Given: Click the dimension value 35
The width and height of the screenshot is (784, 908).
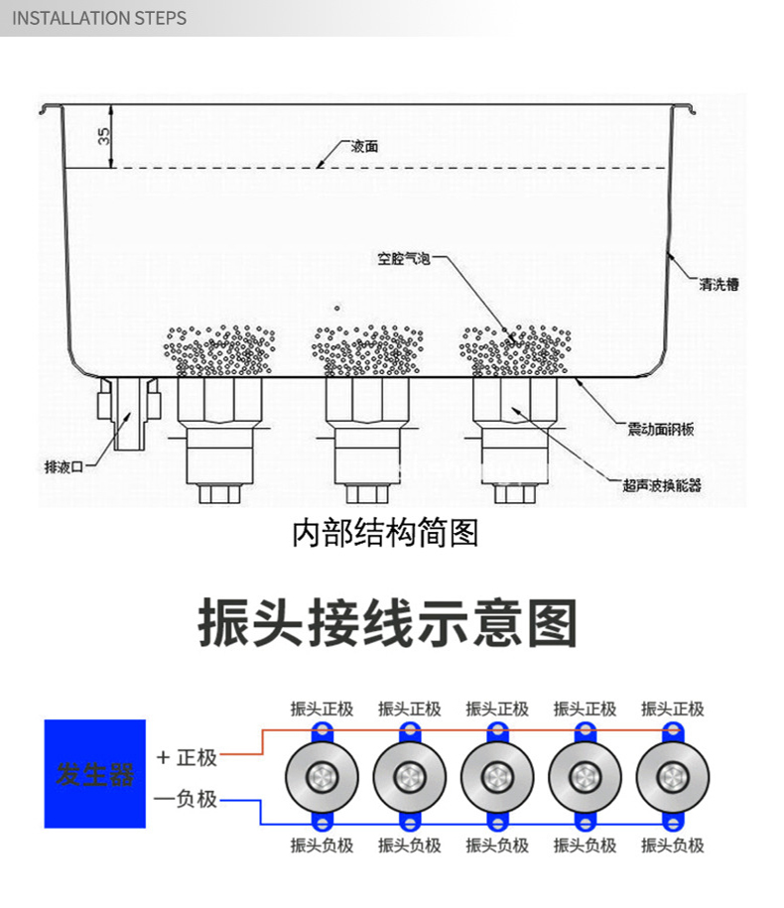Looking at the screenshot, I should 104,135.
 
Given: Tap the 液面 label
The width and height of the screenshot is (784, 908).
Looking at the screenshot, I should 364,146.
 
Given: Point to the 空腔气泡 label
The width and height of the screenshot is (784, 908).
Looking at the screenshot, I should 402,260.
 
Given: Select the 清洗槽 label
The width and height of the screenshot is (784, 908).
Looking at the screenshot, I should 719,285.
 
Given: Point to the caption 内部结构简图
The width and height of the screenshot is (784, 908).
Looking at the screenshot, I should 385,534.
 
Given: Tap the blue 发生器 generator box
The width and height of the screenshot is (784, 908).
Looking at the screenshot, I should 95,774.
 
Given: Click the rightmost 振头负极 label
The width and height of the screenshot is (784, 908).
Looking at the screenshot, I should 673,846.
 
